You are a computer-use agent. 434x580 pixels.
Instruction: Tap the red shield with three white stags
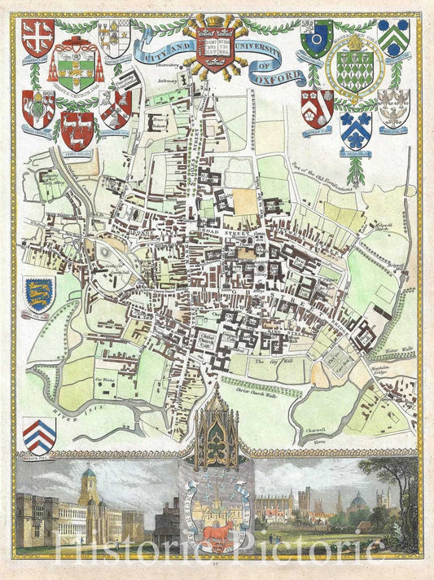[76, 126]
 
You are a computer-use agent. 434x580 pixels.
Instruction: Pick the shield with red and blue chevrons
[39, 434]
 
